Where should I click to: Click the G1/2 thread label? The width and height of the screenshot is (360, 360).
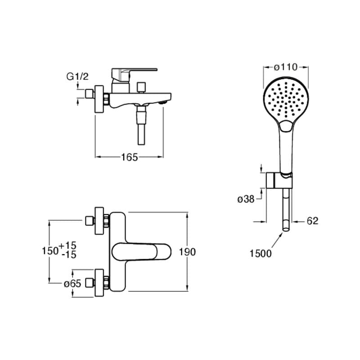pos(77,76)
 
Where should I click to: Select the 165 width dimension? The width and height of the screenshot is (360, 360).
pos(130,157)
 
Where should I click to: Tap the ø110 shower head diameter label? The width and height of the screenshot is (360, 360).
pos(286,67)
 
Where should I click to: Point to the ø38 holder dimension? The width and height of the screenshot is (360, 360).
pos(246,199)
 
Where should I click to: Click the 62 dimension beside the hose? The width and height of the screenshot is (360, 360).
pos(312,221)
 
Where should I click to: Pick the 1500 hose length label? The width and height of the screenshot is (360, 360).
pos(261,254)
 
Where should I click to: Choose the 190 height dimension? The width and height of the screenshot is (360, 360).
pos(187,252)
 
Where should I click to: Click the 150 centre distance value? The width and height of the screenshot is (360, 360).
pos(50,251)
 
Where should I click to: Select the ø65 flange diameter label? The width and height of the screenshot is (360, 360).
pos(72,284)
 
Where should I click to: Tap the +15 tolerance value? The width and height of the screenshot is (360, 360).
pos(68,245)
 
